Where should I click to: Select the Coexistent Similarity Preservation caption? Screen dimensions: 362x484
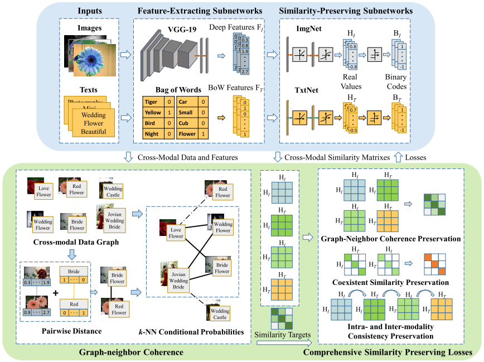click(x=390, y=283)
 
